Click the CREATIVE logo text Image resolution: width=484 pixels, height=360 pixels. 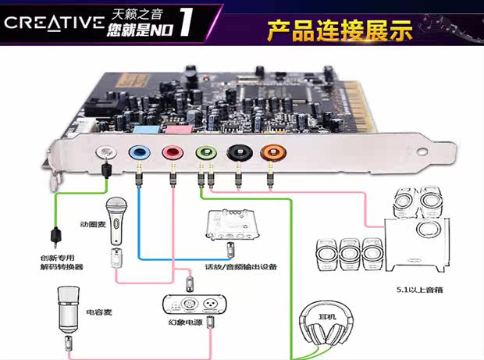click(55, 23)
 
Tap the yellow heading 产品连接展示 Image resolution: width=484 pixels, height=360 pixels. click(340, 30)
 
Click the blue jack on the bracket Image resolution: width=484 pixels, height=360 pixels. click(139, 152)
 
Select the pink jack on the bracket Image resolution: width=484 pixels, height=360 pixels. click(173, 152)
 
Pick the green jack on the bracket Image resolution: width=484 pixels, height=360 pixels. click(206, 152)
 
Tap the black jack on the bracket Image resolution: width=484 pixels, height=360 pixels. click(240, 152)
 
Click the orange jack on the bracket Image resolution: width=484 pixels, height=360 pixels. click(273, 152)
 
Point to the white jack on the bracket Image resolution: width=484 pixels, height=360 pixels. click(106, 152)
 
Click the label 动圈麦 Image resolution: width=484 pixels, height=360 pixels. click(93, 224)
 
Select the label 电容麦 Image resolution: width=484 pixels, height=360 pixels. click(99, 312)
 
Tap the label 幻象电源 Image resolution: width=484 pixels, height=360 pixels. click(185, 323)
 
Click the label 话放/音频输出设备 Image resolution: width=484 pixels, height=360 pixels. click(241, 266)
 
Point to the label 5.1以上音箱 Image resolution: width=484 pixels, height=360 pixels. click(420, 290)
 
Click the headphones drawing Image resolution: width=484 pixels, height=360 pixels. click(326, 324)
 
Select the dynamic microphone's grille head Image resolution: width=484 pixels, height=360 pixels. click(116, 204)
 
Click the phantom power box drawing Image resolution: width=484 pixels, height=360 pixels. click(194, 305)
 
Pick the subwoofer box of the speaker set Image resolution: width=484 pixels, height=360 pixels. click(417, 244)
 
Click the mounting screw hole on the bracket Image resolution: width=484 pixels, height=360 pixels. click(422, 151)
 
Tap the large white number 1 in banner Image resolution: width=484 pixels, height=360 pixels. click(187, 22)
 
